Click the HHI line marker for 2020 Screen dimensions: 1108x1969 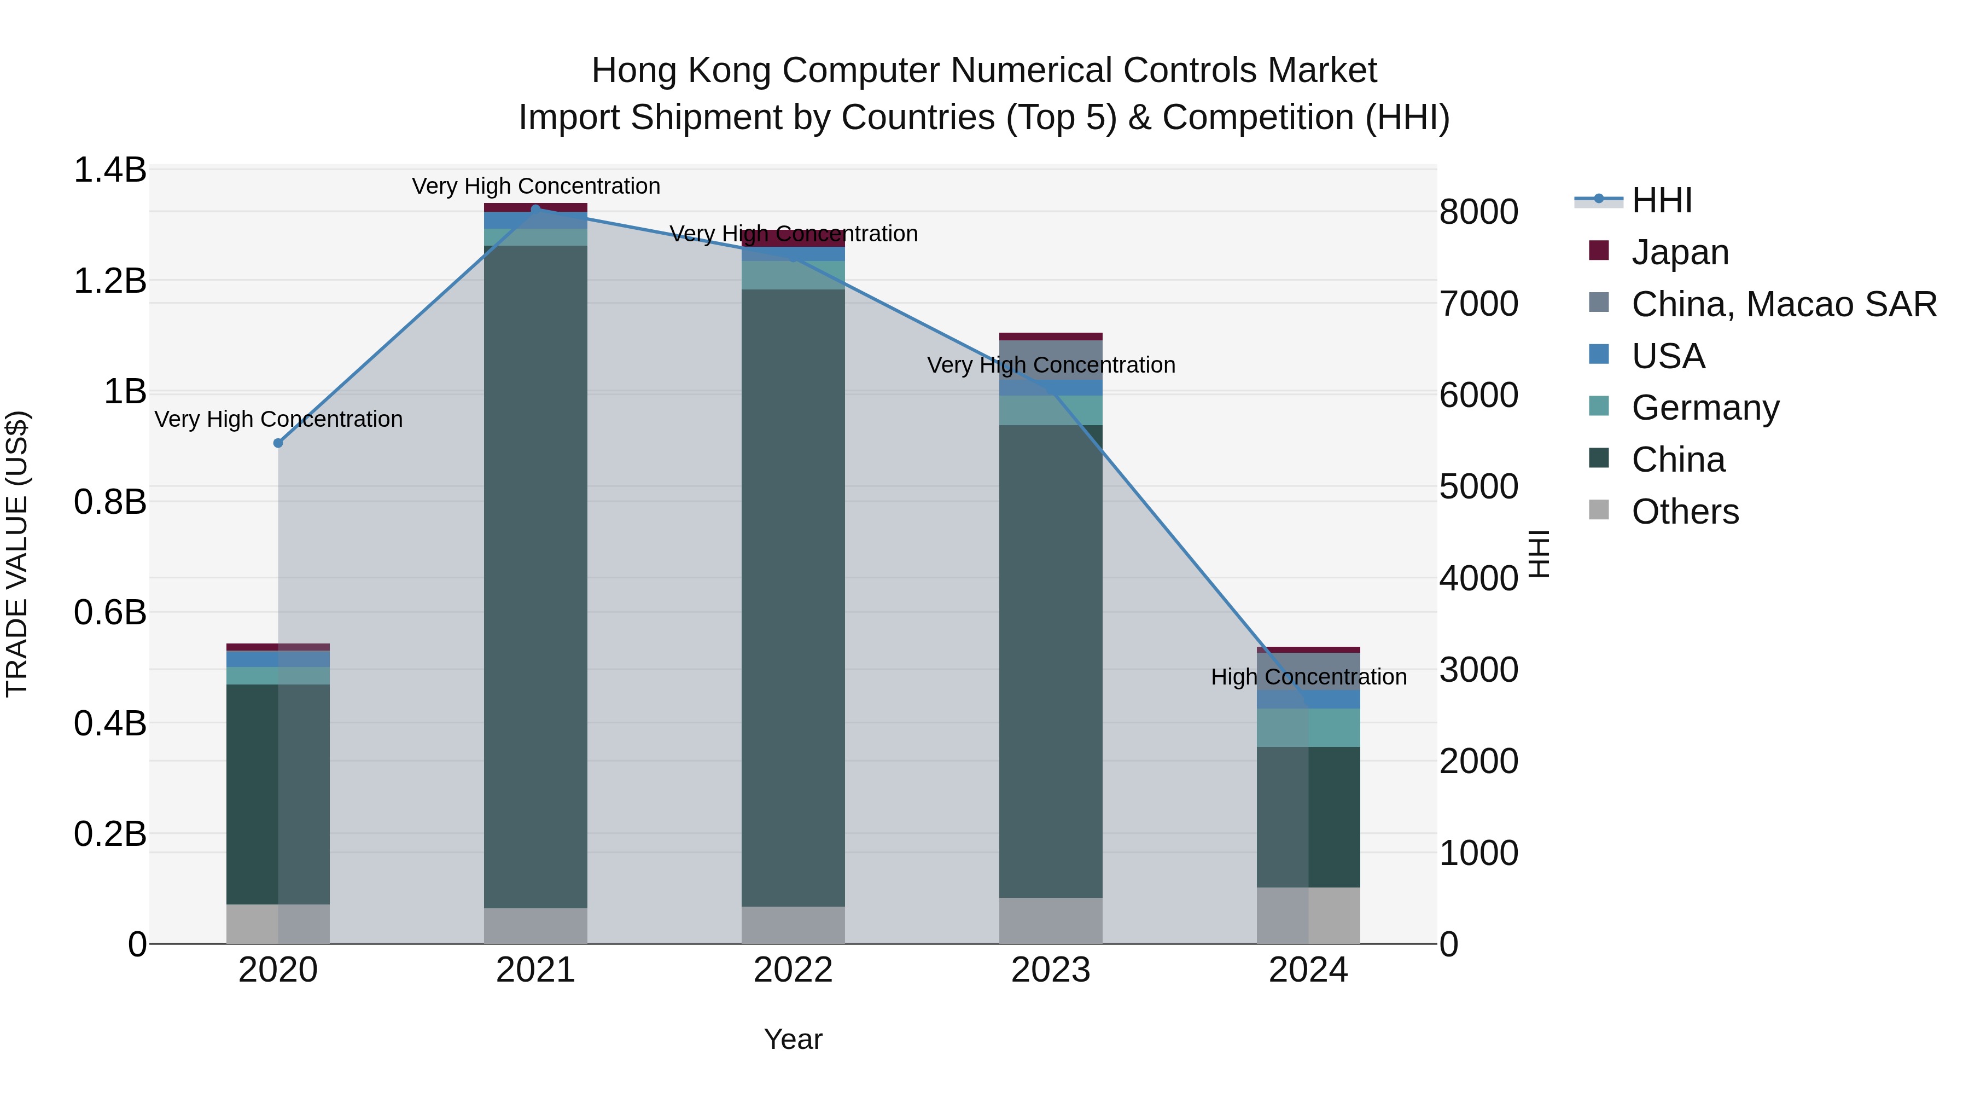[278, 444]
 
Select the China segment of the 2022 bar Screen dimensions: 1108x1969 [794, 596]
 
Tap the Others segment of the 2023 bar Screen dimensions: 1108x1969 [1051, 921]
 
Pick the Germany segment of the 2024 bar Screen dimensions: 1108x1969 [1309, 727]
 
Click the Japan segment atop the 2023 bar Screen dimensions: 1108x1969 [1051, 337]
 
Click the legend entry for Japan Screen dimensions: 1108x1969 [1679, 252]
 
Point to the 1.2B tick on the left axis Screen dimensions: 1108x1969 [110, 281]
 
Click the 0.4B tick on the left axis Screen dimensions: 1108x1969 [110, 723]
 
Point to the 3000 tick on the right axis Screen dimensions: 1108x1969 [1478, 670]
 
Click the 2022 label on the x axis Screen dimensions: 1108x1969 [794, 970]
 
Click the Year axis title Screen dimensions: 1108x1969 [794, 1039]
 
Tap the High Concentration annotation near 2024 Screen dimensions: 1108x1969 [1309, 677]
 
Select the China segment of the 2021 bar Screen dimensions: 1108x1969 [536, 573]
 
